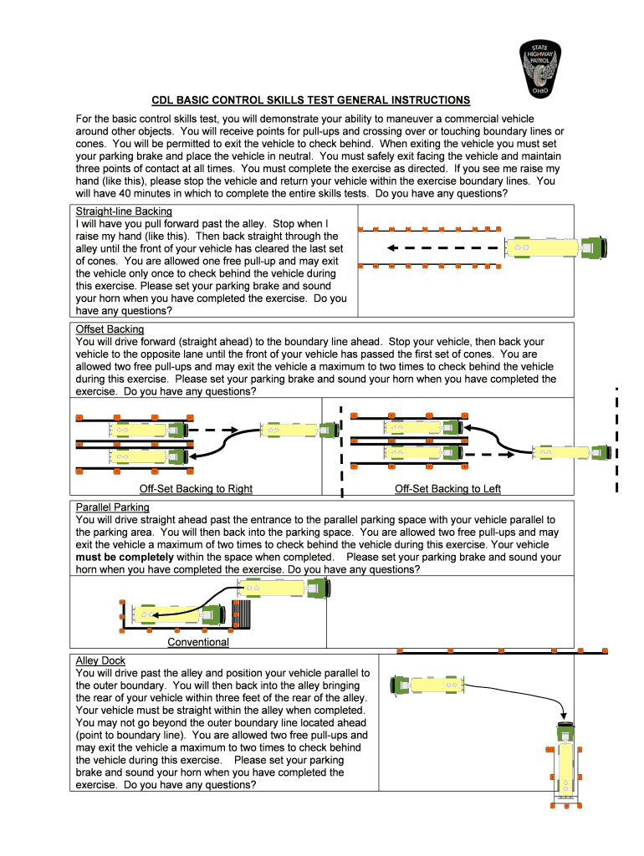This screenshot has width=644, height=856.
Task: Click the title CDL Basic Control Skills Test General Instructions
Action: coord(310,100)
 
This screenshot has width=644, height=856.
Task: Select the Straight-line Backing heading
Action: coord(124,211)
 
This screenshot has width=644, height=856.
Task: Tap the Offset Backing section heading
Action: coord(110,329)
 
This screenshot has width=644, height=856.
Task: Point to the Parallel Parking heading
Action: coord(112,507)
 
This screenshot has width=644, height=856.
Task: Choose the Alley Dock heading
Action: coord(100,661)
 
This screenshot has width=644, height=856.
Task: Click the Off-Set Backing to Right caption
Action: coord(196,489)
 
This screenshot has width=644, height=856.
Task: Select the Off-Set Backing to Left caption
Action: coord(447,489)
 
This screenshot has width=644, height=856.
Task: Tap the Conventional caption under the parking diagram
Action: coord(198,642)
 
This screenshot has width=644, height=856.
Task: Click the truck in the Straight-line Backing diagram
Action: coord(555,247)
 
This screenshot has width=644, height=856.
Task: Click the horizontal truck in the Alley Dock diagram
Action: coord(429,685)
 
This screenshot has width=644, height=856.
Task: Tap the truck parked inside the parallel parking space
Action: coord(181,614)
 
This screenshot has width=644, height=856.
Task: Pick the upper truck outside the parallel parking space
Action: coord(284,588)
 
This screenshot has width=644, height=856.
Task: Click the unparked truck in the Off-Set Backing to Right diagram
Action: coord(298,430)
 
